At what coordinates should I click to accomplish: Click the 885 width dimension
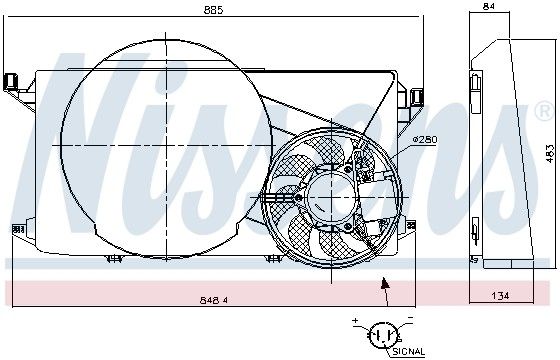[213, 10]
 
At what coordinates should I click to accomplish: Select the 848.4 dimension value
[214, 300]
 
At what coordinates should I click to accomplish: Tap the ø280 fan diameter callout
[425, 139]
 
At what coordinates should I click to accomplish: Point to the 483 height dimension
[550, 154]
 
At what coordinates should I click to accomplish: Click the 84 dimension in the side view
[488, 6]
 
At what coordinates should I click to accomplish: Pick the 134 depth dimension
[500, 296]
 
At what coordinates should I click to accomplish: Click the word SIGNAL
[409, 352]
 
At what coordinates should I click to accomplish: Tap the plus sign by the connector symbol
[355, 320]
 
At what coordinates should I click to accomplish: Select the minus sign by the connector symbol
[410, 317]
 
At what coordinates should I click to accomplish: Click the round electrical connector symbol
[383, 335]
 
